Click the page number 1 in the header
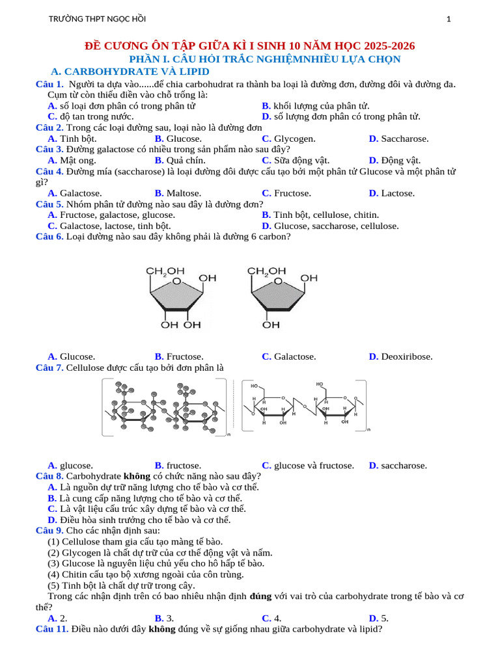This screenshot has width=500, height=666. [449, 20]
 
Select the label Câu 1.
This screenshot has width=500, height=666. [49, 84]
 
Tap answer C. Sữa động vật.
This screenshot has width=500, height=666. [296, 160]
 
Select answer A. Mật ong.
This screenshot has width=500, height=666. [71, 160]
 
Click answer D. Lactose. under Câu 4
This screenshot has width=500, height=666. [391, 193]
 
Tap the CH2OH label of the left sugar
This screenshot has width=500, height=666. [165, 271]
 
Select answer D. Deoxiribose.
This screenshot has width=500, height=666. [400, 356]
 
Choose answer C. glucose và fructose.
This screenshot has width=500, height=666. [308, 466]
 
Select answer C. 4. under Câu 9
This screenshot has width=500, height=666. [271, 619]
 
